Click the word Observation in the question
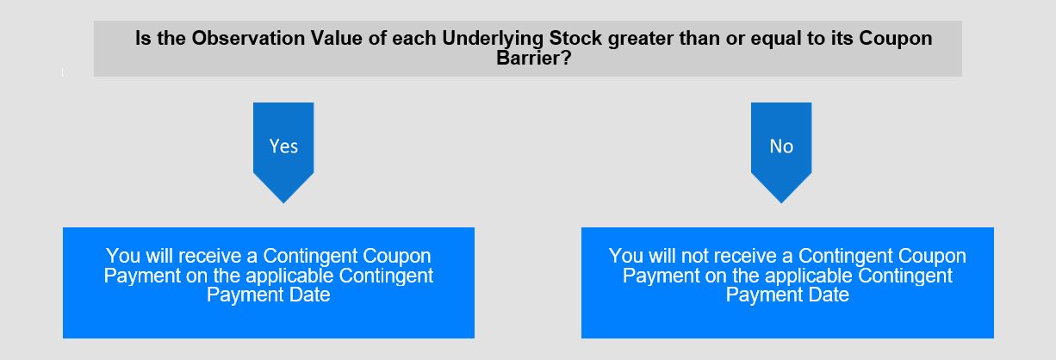pyautogui.click(x=248, y=39)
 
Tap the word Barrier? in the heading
pyautogui.click(x=534, y=58)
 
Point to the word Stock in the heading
pyautogui.click(x=575, y=39)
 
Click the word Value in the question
pyautogui.click(x=337, y=39)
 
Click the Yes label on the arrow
pyautogui.click(x=283, y=146)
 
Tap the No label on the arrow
pyautogui.click(x=781, y=146)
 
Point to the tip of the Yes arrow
pyautogui.click(x=283, y=203)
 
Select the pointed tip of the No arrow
pyautogui.click(x=781, y=203)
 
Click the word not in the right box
pyautogui.click(x=695, y=257)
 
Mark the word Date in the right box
pyautogui.click(x=829, y=295)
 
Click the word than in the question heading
pyautogui.click(x=699, y=39)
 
